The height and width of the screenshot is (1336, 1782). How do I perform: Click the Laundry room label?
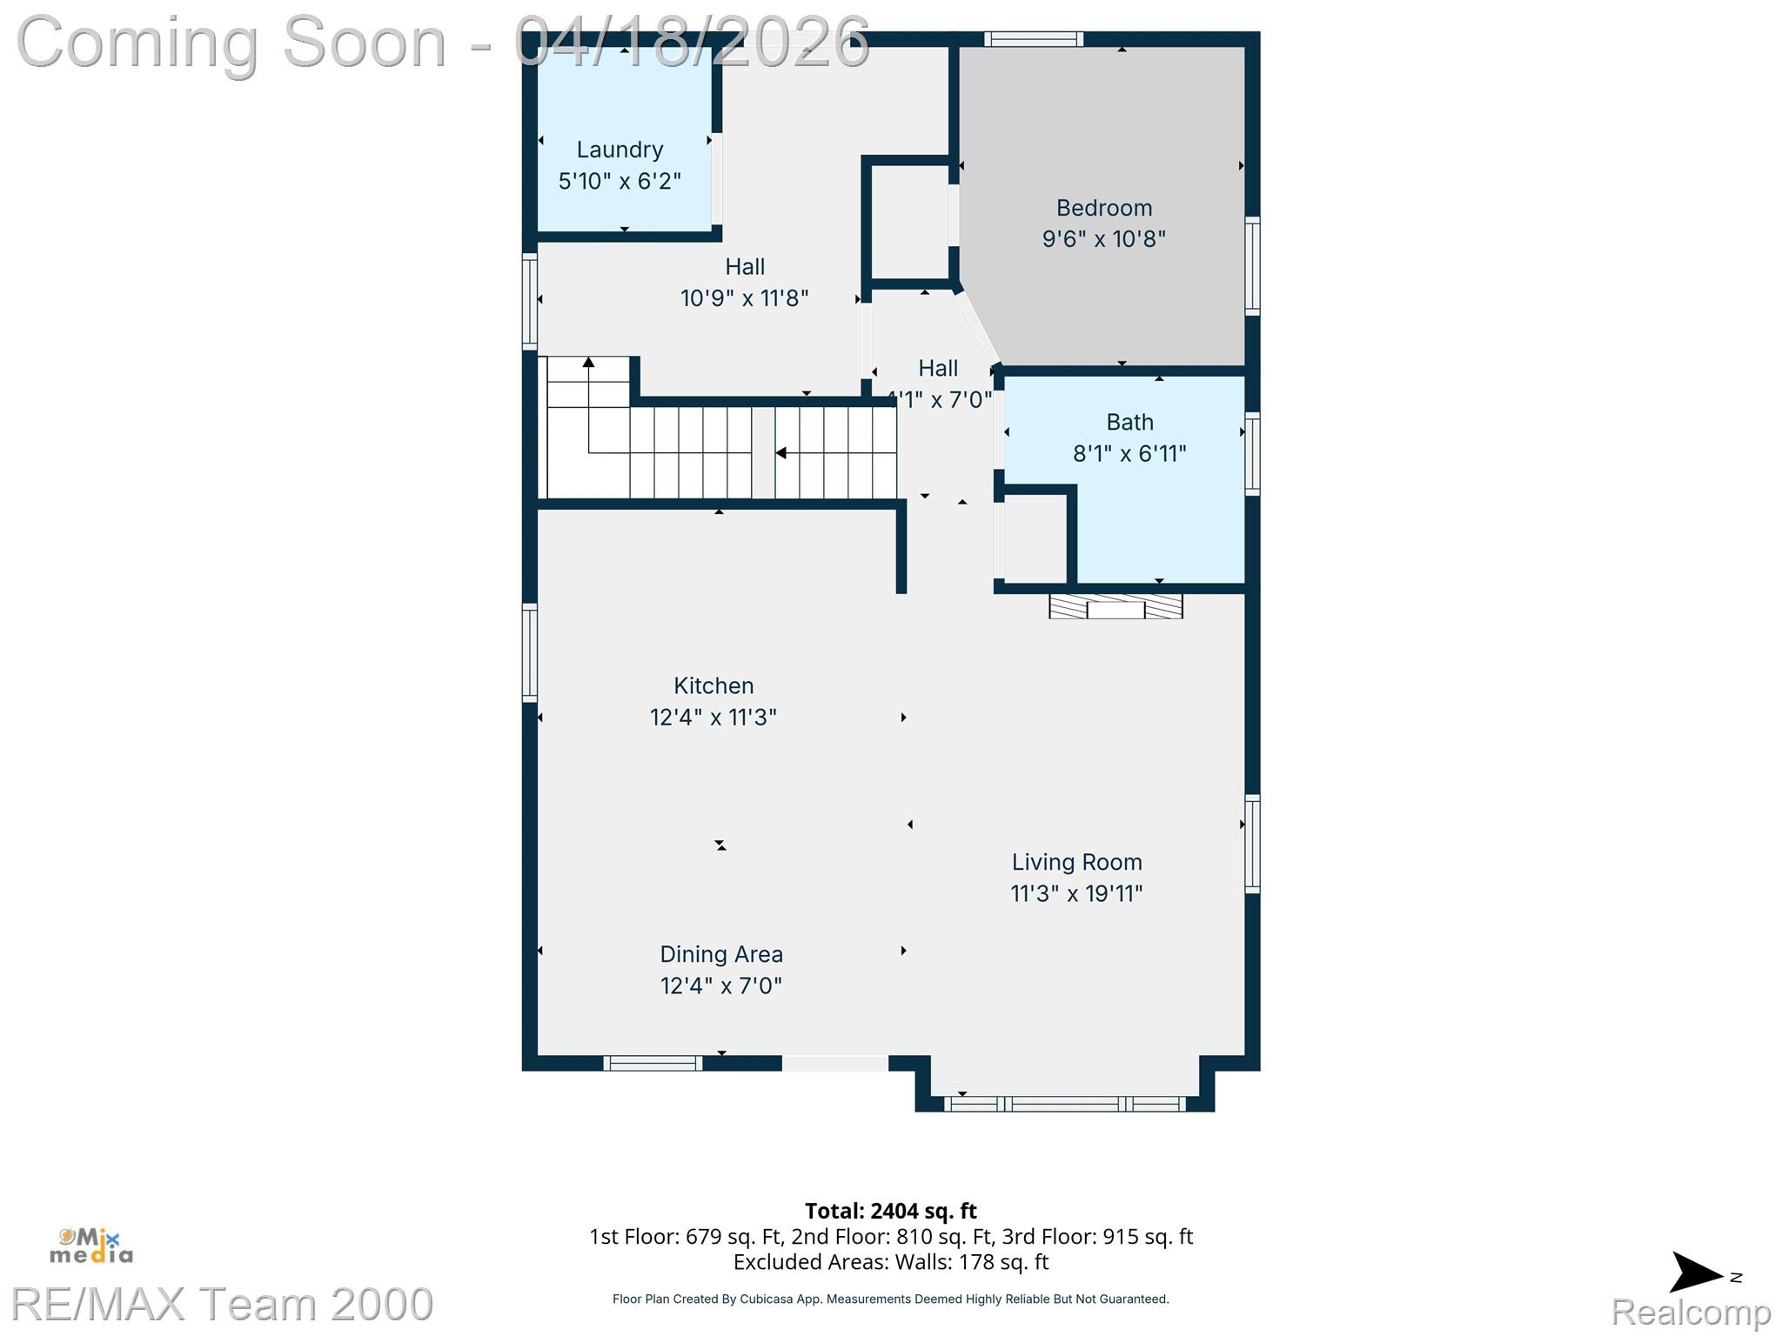[x=620, y=150]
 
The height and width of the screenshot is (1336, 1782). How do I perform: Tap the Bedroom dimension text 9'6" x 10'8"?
[x=1104, y=238]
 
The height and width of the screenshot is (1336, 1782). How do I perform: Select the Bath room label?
[x=1129, y=422]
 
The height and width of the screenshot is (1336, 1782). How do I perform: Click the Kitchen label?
[x=713, y=685]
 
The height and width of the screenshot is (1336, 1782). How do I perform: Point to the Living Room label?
[x=1076, y=862]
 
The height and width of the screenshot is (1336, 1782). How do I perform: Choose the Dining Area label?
[x=721, y=954]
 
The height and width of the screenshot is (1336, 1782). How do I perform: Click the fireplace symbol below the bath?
[x=1115, y=606]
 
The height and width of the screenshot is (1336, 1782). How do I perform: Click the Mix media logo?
[x=91, y=1246]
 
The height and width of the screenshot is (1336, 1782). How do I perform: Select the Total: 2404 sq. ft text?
[x=890, y=1211]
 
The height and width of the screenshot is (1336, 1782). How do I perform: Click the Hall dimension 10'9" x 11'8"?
[x=745, y=298]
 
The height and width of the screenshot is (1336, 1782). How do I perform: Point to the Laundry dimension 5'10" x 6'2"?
[x=620, y=181]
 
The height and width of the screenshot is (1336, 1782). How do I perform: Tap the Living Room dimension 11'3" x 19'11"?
[x=1076, y=893]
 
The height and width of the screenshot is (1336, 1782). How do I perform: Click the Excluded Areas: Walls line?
[x=891, y=1262]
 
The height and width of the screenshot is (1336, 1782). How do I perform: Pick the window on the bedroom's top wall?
[x=1034, y=39]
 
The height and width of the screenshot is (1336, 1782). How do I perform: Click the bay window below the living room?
[x=1065, y=1104]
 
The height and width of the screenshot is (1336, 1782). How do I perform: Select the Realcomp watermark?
[x=1691, y=1311]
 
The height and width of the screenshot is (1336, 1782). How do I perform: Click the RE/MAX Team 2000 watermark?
[x=222, y=1304]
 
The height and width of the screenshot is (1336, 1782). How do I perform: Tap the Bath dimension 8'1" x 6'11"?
[x=1129, y=453]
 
